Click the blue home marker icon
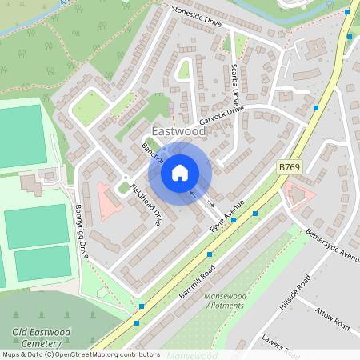tap(180, 172)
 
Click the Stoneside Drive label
tap(196, 18)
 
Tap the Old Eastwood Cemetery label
tap(42, 337)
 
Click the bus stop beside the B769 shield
tap(317, 107)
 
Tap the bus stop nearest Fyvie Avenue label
tap(254, 214)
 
